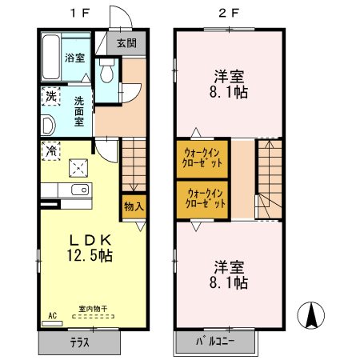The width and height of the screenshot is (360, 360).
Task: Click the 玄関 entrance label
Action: point(126,42)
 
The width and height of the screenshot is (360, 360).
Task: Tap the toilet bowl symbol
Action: point(106,70)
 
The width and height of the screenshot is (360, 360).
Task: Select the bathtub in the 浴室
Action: point(51,57)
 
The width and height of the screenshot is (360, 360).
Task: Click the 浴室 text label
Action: point(75,58)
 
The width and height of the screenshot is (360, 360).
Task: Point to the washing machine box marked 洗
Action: point(50,96)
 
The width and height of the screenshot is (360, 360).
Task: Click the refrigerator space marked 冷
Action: point(50,151)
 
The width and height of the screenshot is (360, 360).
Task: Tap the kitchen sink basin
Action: point(80,190)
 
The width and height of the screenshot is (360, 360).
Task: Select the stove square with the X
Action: point(78,168)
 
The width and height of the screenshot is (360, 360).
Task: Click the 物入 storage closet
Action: point(134,207)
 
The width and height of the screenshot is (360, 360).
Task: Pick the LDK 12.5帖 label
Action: point(90,248)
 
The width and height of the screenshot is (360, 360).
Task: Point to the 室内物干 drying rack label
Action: point(93,309)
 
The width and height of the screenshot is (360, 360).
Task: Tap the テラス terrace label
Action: point(80,342)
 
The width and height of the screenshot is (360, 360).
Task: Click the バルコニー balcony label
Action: point(215,342)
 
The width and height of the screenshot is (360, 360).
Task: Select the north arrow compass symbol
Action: point(311,315)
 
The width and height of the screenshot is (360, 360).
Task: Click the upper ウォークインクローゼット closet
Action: point(202,158)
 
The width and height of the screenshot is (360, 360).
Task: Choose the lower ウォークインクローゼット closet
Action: point(202,200)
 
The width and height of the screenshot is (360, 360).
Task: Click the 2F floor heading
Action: point(229,13)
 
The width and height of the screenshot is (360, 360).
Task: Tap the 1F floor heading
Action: point(80,13)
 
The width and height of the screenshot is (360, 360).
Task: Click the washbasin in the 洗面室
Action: point(48,125)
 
